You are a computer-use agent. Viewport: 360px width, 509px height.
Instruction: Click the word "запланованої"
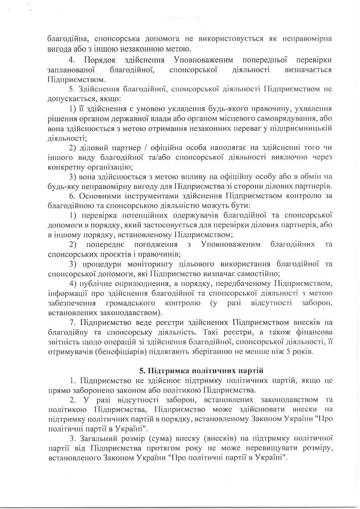point(68,70)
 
